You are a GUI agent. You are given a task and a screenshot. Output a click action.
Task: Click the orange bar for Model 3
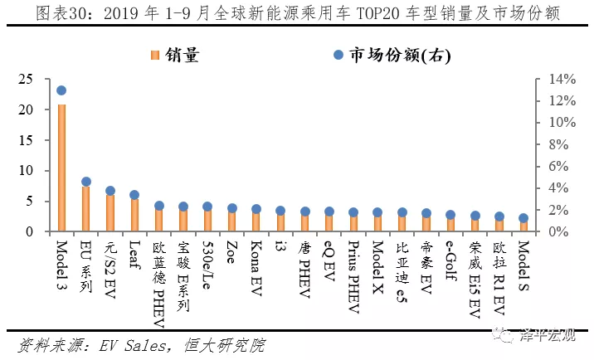coord(61,166)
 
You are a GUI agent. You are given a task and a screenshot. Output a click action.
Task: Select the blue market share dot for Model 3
coord(61,90)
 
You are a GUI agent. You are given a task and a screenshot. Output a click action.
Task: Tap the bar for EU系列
coord(85,208)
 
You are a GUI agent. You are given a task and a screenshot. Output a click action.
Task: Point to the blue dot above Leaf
coord(134,195)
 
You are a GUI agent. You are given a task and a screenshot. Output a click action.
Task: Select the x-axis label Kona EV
coord(256,268)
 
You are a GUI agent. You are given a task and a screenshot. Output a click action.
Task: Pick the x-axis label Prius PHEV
coord(353,273)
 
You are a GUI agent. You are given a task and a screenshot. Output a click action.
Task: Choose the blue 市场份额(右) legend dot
coord(337,55)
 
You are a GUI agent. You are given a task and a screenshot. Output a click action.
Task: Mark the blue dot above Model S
coord(523,218)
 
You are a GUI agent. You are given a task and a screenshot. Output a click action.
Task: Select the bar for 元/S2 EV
coord(110,212)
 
